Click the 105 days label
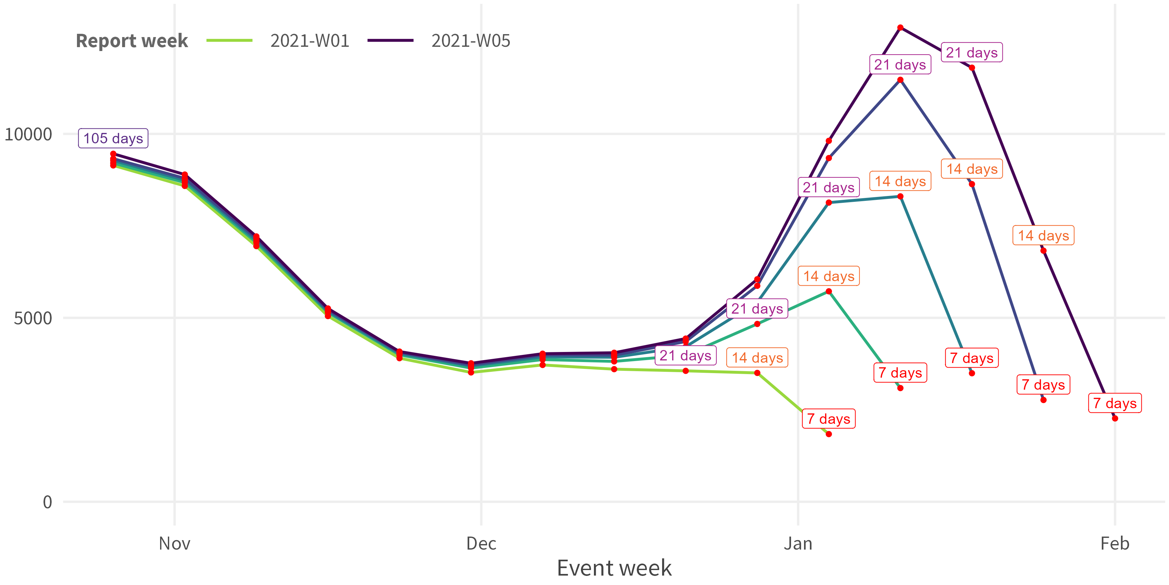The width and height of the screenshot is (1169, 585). tap(113, 138)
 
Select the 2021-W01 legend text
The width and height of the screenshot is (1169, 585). tap(309, 41)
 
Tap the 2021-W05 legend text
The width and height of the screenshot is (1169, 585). tap(471, 41)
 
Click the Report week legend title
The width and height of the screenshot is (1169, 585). tap(132, 41)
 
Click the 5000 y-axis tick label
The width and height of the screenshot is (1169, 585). tap(33, 318)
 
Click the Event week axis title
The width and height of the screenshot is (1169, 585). tap(614, 568)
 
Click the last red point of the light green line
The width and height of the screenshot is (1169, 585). tap(829, 434)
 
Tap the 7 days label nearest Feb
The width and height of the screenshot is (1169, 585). tap(1114, 403)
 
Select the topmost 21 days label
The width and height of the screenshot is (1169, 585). tap(972, 53)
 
